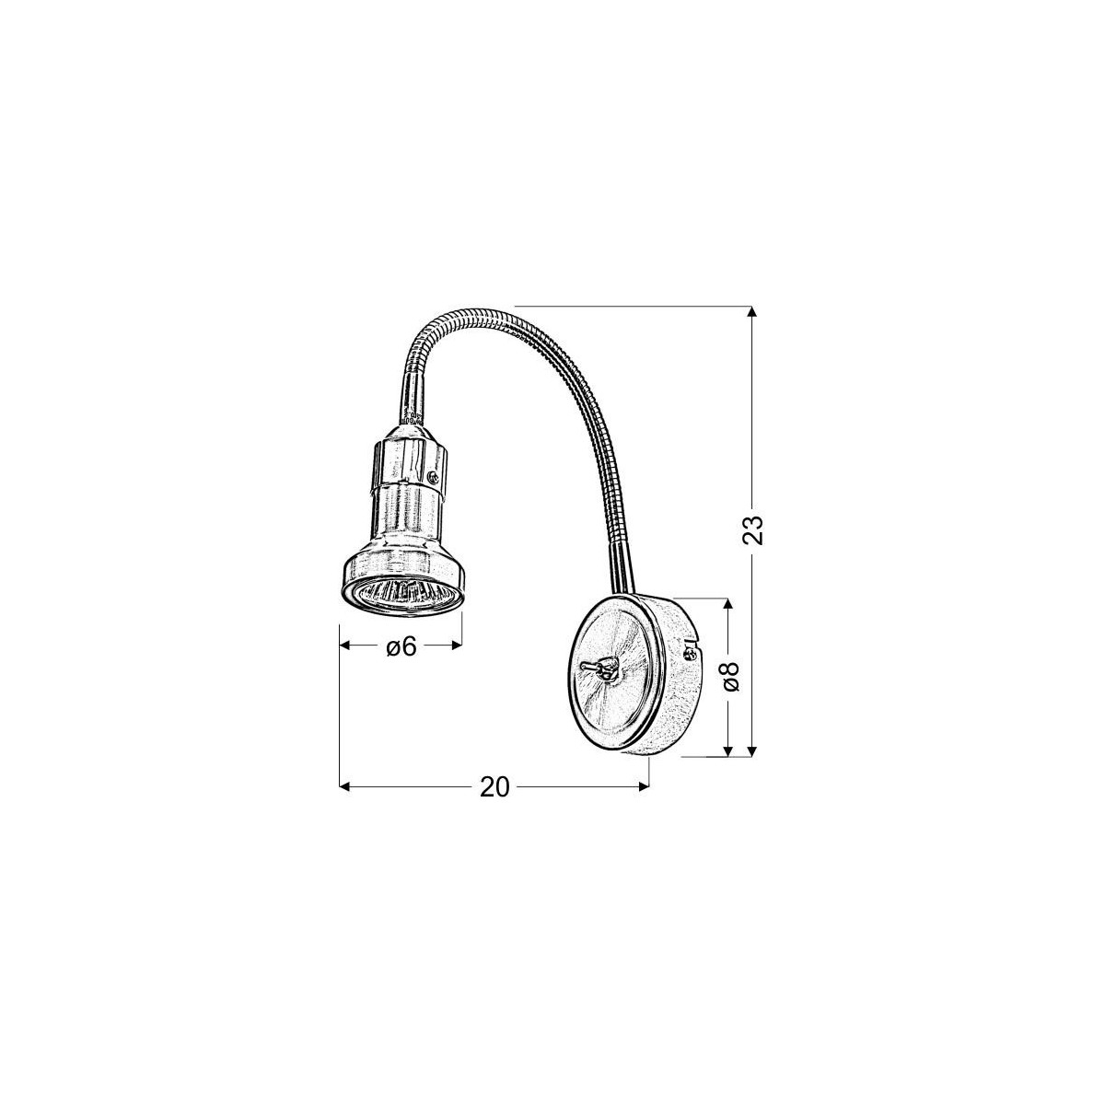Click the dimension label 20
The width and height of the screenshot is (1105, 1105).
pos(494,787)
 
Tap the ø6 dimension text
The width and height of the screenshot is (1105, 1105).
pos(401,647)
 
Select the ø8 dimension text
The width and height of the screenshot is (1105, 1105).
pos(731,677)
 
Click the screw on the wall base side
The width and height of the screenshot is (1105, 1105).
pos(690,655)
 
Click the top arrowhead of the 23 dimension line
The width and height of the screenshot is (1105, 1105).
pos(754,313)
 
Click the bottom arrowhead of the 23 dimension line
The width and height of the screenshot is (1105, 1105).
pos(754,750)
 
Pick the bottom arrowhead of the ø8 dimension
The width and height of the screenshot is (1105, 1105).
pos(729,750)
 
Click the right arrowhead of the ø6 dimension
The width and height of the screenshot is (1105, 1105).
pos(455,647)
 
